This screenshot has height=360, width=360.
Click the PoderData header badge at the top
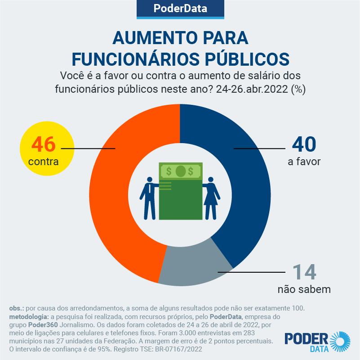point(180,9)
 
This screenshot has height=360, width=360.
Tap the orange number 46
point(43,144)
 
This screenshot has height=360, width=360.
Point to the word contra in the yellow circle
point(43,161)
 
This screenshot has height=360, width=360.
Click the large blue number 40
point(304,144)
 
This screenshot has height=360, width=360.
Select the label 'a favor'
point(304,161)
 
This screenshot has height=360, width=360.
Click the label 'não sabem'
point(304,289)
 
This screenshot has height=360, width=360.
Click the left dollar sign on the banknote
point(169,171)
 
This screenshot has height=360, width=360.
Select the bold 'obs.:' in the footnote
point(17,308)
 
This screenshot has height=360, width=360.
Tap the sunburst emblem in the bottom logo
point(341,341)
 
